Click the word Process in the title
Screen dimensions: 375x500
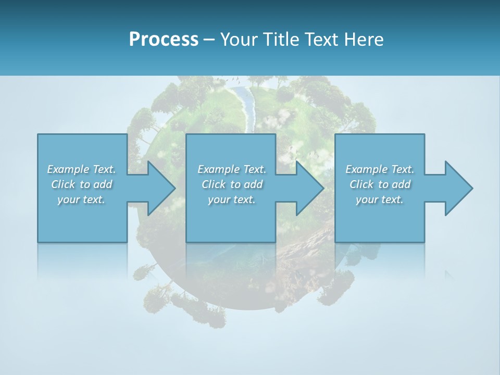(x=164, y=40)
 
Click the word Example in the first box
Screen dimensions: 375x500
(x=68, y=169)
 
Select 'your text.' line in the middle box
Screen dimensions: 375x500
(x=231, y=199)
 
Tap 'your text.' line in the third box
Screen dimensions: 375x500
(x=379, y=199)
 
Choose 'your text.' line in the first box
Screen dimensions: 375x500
(x=81, y=199)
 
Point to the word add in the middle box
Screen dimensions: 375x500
(x=253, y=184)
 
